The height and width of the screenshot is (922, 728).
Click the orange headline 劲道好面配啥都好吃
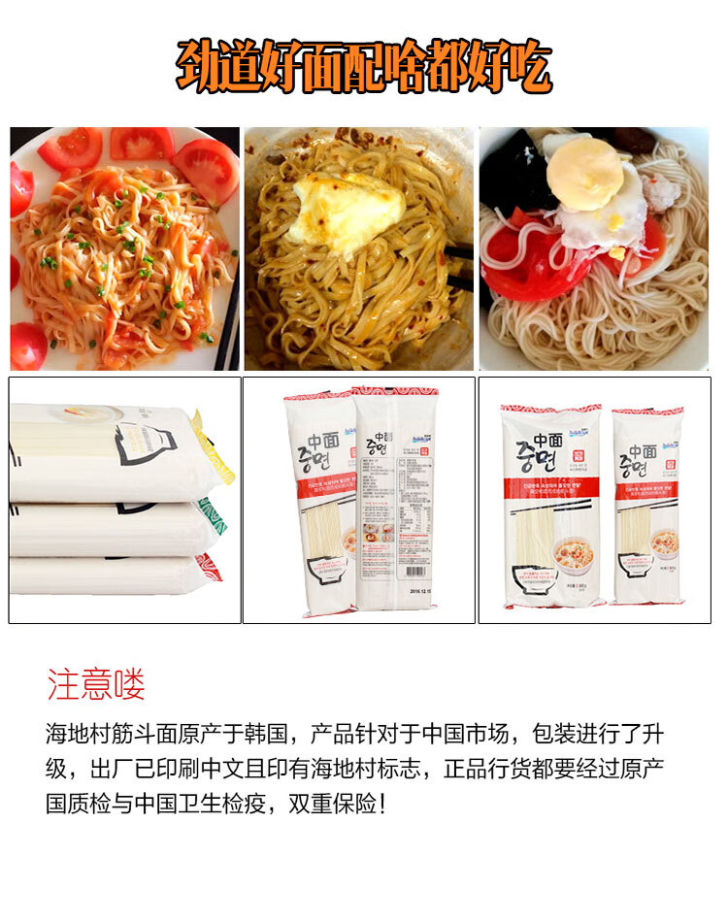pyautogui.click(x=363, y=65)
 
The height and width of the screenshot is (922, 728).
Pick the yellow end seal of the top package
pyautogui.click(x=215, y=447)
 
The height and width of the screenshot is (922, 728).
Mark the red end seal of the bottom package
pyautogui.click(x=208, y=567)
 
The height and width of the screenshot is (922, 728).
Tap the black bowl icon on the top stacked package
pyautogui.click(x=146, y=447)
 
